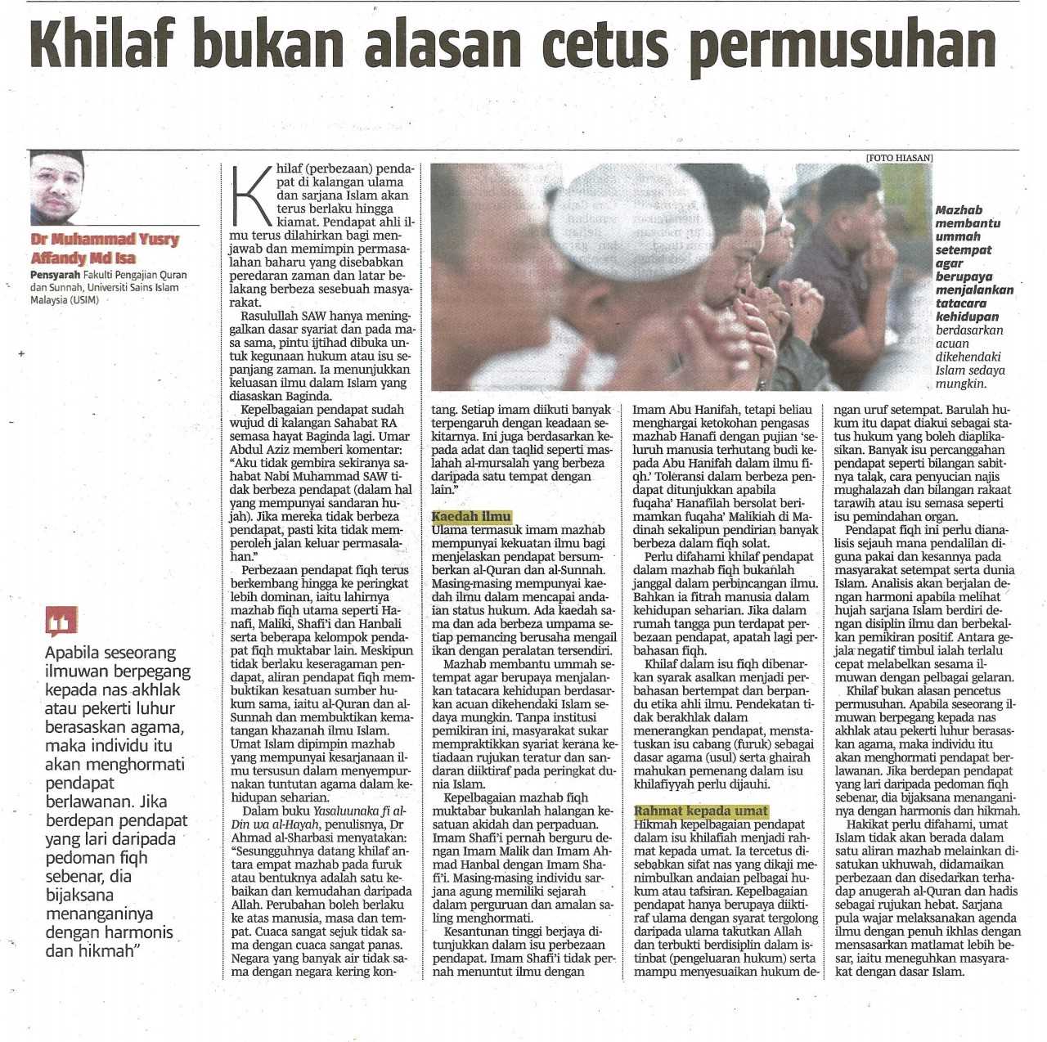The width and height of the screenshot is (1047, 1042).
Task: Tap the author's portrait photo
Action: click(57, 188)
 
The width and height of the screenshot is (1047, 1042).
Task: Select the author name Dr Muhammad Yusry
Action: click(105, 240)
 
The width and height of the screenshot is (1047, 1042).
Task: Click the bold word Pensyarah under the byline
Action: click(56, 276)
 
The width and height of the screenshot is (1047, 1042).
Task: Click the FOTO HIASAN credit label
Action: click(900, 158)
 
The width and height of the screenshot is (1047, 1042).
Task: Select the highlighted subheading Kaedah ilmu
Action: click(471, 517)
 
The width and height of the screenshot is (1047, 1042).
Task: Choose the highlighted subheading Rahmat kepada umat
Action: click(702, 811)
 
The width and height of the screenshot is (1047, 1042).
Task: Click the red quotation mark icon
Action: click(62, 622)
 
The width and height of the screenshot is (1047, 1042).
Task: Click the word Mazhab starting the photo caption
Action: click(959, 210)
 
